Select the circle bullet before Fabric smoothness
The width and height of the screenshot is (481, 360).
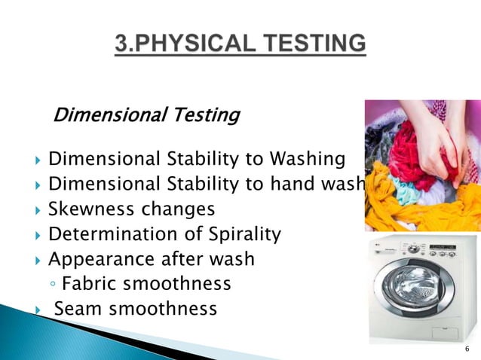[x=52, y=285]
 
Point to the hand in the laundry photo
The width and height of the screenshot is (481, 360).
[x=434, y=136]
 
